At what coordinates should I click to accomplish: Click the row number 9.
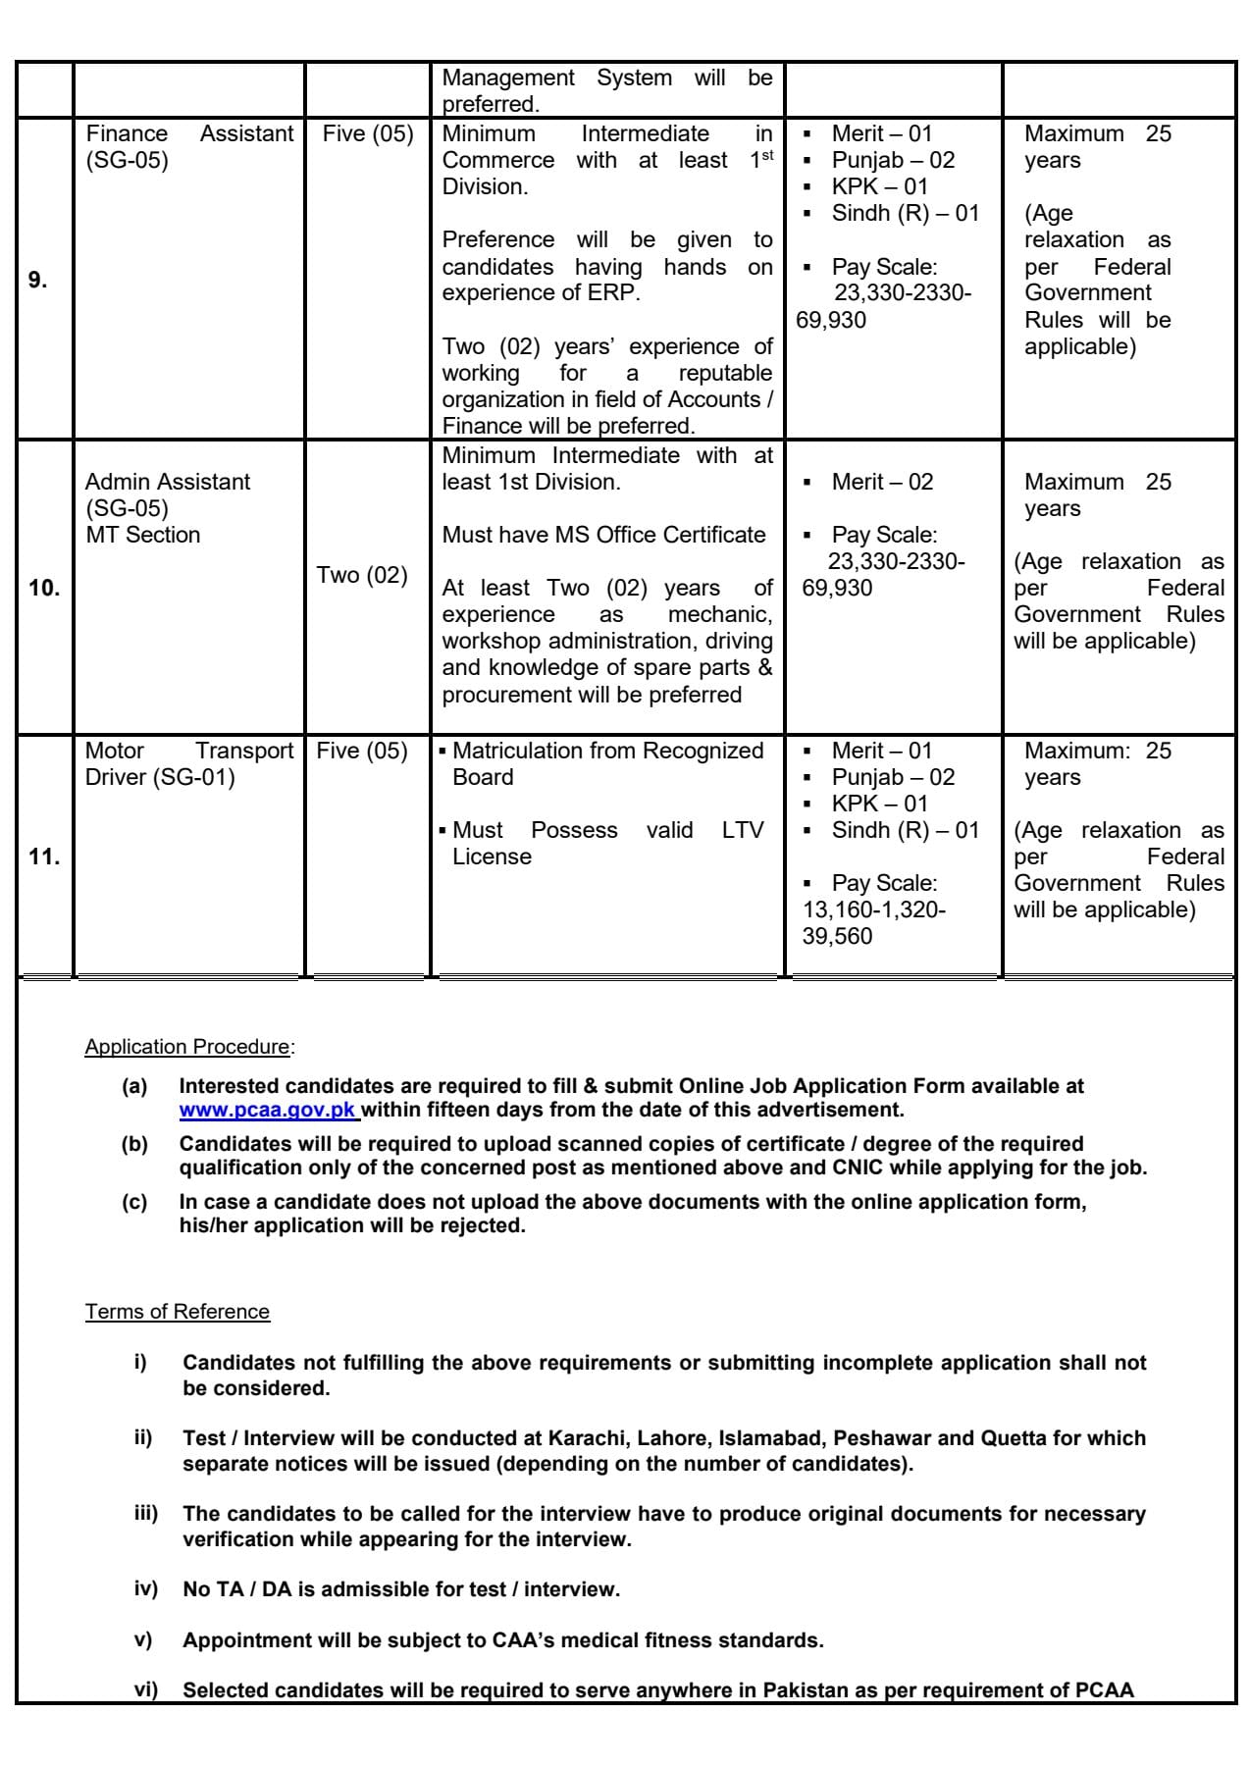(37, 281)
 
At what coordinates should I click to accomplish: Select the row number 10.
(44, 589)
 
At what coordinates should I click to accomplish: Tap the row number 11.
(44, 857)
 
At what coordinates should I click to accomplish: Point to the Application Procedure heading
(187, 1047)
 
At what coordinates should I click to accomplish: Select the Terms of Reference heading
(177, 1312)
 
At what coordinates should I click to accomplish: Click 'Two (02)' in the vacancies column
(362, 575)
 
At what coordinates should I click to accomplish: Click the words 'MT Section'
(143, 535)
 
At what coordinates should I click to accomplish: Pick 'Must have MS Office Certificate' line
(603, 535)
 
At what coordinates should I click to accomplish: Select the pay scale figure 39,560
(837, 936)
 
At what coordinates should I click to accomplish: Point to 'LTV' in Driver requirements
(743, 830)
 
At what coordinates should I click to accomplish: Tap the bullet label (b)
(134, 1144)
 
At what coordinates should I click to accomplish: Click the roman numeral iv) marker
(145, 1588)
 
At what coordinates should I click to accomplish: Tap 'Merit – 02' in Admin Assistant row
(882, 482)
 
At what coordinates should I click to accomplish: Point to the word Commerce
(497, 160)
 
